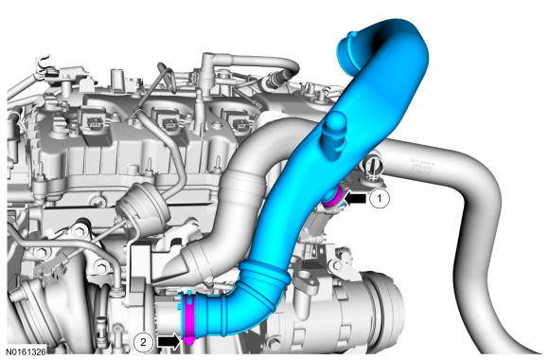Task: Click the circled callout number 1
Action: click(x=380, y=198)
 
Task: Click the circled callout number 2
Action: click(x=143, y=341)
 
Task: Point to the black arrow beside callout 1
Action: click(x=356, y=199)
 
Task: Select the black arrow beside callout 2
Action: click(x=168, y=341)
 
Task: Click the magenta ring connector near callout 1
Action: click(x=331, y=199)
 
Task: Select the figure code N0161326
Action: click(x=27, y=351)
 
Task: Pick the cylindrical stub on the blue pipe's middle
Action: click(x=334, y=135)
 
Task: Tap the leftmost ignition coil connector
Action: click(x=94, y=123)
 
